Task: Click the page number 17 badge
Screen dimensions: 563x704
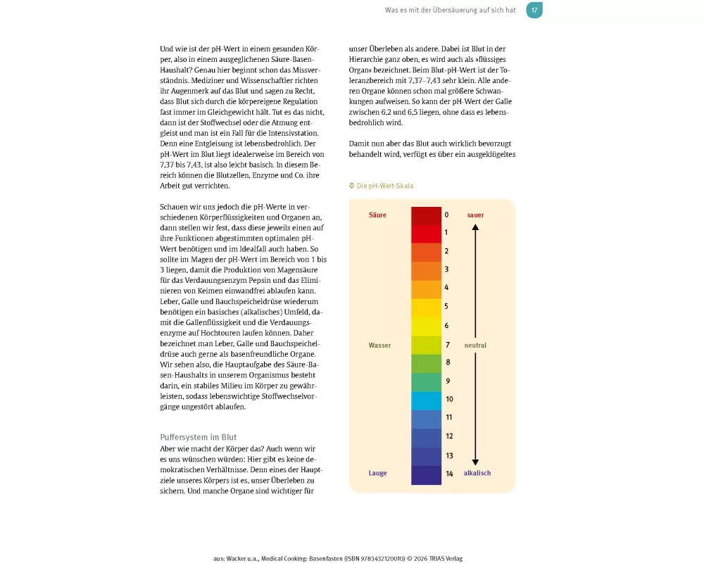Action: click(x=534, y=11)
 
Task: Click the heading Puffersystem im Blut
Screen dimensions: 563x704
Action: click(x=199, y=437)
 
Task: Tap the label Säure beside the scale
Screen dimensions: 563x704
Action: click(x=378, y=215)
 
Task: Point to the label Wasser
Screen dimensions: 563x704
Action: click(x=379, y=346)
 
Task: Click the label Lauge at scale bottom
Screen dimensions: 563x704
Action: click(x=378, y=473)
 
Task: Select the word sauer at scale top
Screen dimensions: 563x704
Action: click(x=475, y=215)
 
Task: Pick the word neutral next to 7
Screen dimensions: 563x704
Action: click(x=475, y=346)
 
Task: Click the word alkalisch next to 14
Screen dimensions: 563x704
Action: click(x=477, y=473)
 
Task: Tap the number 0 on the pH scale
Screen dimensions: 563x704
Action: click(x=446, y=215)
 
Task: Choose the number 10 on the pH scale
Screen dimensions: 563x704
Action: click(x=449, y=399)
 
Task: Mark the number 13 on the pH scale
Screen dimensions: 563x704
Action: click(x=449, y=455)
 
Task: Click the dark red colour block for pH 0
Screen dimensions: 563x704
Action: click(x=426, y=215)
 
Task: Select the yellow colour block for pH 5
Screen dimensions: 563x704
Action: click(x=426, y=308)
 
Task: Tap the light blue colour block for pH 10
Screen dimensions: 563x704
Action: click(x=426, y=400)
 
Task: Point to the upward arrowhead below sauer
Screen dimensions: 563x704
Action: click(x=475, y=227)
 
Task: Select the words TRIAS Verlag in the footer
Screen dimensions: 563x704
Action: click(x=446, y=558)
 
